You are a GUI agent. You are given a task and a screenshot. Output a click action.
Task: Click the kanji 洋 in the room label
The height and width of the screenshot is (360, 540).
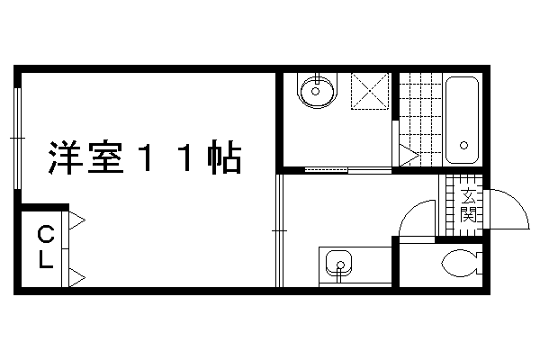[65, 157]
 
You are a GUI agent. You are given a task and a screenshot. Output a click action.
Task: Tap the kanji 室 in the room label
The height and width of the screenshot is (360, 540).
[105, 157]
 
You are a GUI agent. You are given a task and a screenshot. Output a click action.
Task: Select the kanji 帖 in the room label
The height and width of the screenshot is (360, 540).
[223, 157]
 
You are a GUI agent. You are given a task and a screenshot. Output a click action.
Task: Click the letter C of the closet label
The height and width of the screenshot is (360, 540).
[46, 234]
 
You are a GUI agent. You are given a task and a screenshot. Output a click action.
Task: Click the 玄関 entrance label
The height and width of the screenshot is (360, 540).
[468, 205]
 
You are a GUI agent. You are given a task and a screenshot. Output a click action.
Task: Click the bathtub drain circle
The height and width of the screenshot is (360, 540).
[463, 145]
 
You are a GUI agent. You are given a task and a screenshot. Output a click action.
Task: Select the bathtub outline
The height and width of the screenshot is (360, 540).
[463, 120]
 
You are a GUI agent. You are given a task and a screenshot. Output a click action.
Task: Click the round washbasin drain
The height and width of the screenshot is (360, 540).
[316, 91]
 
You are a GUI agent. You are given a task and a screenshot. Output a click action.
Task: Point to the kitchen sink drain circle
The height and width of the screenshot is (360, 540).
[340, 265]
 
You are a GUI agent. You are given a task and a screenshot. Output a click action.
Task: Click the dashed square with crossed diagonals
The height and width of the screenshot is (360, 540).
[370, 91]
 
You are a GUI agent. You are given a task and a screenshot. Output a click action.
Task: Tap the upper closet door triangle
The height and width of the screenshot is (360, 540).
[77, 220]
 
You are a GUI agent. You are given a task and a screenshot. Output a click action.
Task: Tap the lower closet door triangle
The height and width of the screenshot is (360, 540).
[77, 278]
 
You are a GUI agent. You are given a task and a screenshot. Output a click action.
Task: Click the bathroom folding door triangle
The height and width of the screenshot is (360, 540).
[409, 156]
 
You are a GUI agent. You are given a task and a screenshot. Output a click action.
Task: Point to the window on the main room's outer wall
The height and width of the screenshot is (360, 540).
[18, 139]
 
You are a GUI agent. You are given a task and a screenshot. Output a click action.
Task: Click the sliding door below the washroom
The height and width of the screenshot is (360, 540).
[348, 170]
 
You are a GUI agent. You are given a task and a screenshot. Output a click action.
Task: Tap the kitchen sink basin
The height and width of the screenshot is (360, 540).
[339, 264]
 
